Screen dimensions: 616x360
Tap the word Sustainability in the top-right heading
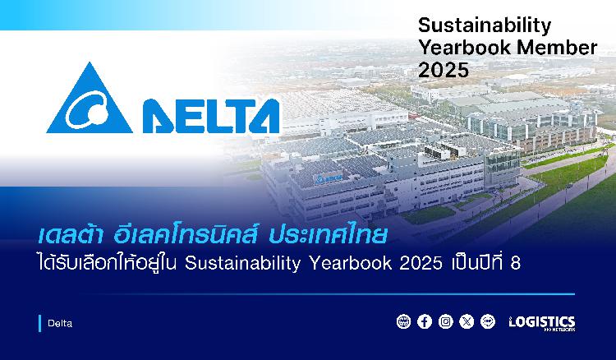(x=485, y=27)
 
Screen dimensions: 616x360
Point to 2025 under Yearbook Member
(x=444, y=70)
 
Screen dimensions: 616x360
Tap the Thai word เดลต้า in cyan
(x=71, y=235)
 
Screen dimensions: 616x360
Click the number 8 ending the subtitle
(x=516, y=264)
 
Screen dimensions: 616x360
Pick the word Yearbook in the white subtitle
(x=351, y=263)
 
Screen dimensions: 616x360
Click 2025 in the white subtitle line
(x=421, y=264)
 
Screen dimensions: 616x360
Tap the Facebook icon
(x=425, y=322)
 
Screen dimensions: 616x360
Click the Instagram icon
(x=445, y=322)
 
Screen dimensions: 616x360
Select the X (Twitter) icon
(x=467, y=322)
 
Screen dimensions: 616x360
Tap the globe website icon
(x=403, y=322)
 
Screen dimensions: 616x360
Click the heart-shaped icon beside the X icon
(x=488, y=322)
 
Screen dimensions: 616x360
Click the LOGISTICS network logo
(x=542, y=323)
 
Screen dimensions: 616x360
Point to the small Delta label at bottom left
(x=60, y=324)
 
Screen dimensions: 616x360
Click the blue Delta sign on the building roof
(x=328, y=178)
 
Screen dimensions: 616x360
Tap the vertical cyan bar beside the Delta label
(x=39, y=324)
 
